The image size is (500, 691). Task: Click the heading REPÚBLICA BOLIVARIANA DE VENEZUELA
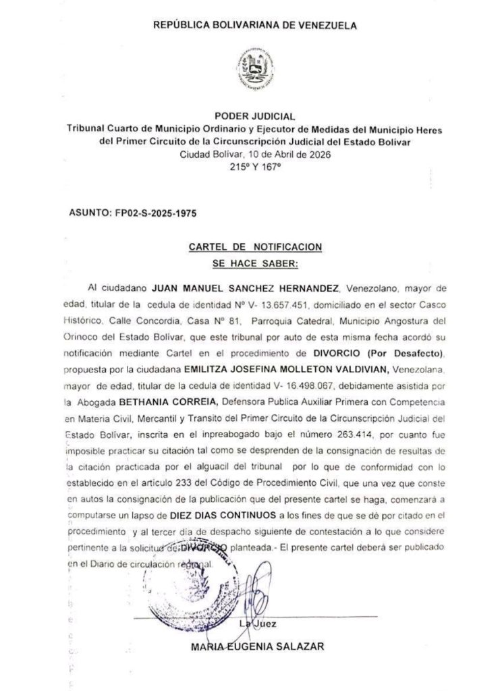point(255,26)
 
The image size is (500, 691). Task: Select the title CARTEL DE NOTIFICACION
point(254,247)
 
